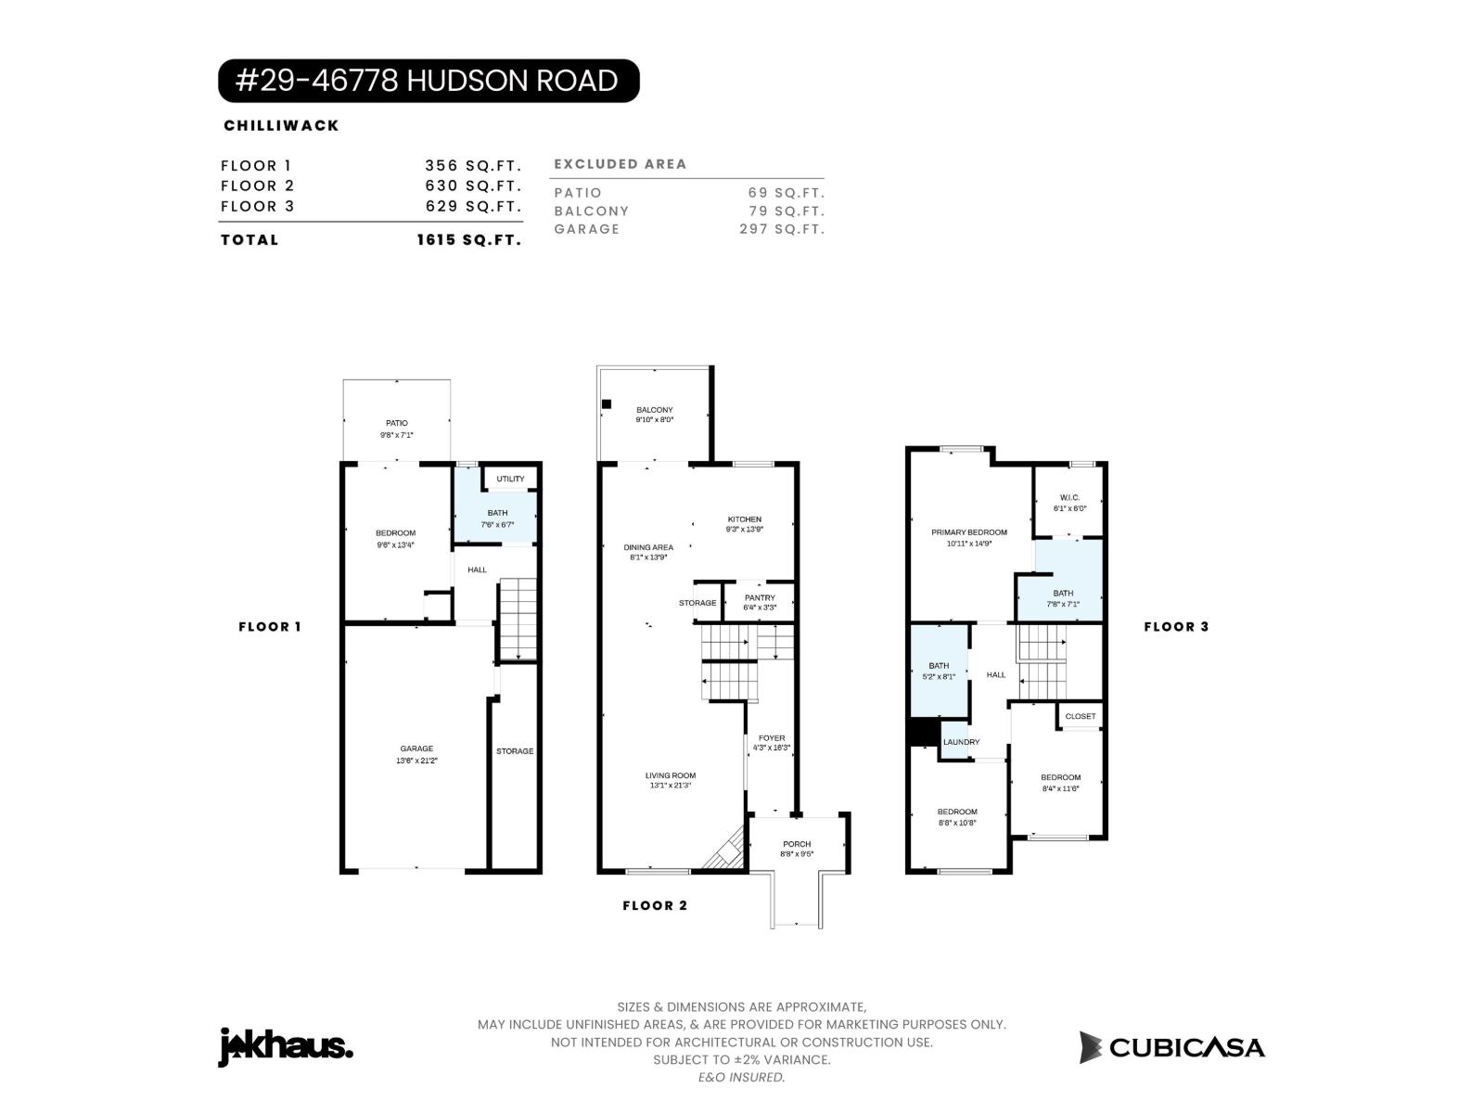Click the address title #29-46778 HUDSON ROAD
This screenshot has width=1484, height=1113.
[x=428, y=81]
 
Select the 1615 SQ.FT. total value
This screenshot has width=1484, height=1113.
[x=468, y=239]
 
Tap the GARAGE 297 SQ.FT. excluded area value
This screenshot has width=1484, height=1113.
[x=781, y=229]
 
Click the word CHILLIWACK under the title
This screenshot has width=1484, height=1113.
[x=281, y=125]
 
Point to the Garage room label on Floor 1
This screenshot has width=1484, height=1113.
[x=416, y=749]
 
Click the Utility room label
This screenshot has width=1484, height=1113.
[x=510, y=479]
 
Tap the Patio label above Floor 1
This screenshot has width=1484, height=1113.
[x=396, y=423]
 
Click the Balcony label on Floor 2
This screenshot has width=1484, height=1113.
[x=654, y=410]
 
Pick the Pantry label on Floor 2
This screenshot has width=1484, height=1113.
[x=759, y=598]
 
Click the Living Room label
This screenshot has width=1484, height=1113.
[x=670, y=775]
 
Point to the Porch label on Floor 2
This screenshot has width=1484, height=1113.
[x=796, y=844]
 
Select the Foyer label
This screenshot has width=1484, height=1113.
[x=771, y=738]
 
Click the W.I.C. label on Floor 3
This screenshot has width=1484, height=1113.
[x=1068, y=498]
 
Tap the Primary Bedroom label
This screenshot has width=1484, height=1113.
[x=968, y=532]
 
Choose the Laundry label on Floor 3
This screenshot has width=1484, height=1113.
[x=961, y=742]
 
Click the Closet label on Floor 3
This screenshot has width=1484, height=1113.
[x=1080, y=716]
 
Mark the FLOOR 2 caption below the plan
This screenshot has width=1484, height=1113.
[x=655, y=905]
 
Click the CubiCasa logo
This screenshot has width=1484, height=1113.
[x=1171, y=1047]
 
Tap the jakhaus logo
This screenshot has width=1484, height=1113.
[x=285, y=1047]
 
